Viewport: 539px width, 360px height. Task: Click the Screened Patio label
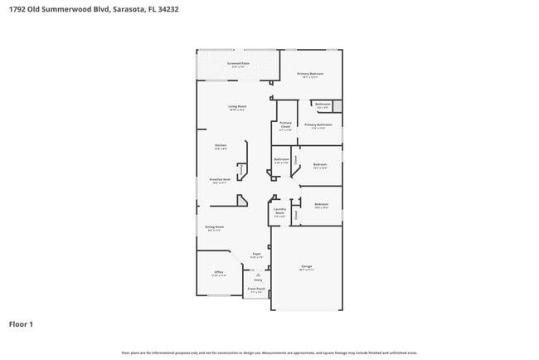[239, 64]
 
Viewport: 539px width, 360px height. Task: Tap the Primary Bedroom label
[311, 75]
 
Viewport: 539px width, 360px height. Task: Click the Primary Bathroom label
[319, 126]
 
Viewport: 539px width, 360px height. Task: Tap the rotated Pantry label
[241, 171]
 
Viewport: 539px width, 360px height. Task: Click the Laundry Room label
[279, 212]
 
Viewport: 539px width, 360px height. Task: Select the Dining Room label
[215, 227]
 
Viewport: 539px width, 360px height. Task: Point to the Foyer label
[257, 255]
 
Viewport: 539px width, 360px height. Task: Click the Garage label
[306, 268]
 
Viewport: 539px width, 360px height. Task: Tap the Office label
[219, 273]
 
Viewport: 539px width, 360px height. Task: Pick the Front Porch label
[257, 290]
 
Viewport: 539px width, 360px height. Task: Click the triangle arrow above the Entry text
[258, 275]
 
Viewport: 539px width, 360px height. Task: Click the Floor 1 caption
[21, 324]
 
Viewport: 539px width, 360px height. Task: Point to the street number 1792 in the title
[17, 9]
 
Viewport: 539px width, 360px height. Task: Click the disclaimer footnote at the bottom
[269, 353]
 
